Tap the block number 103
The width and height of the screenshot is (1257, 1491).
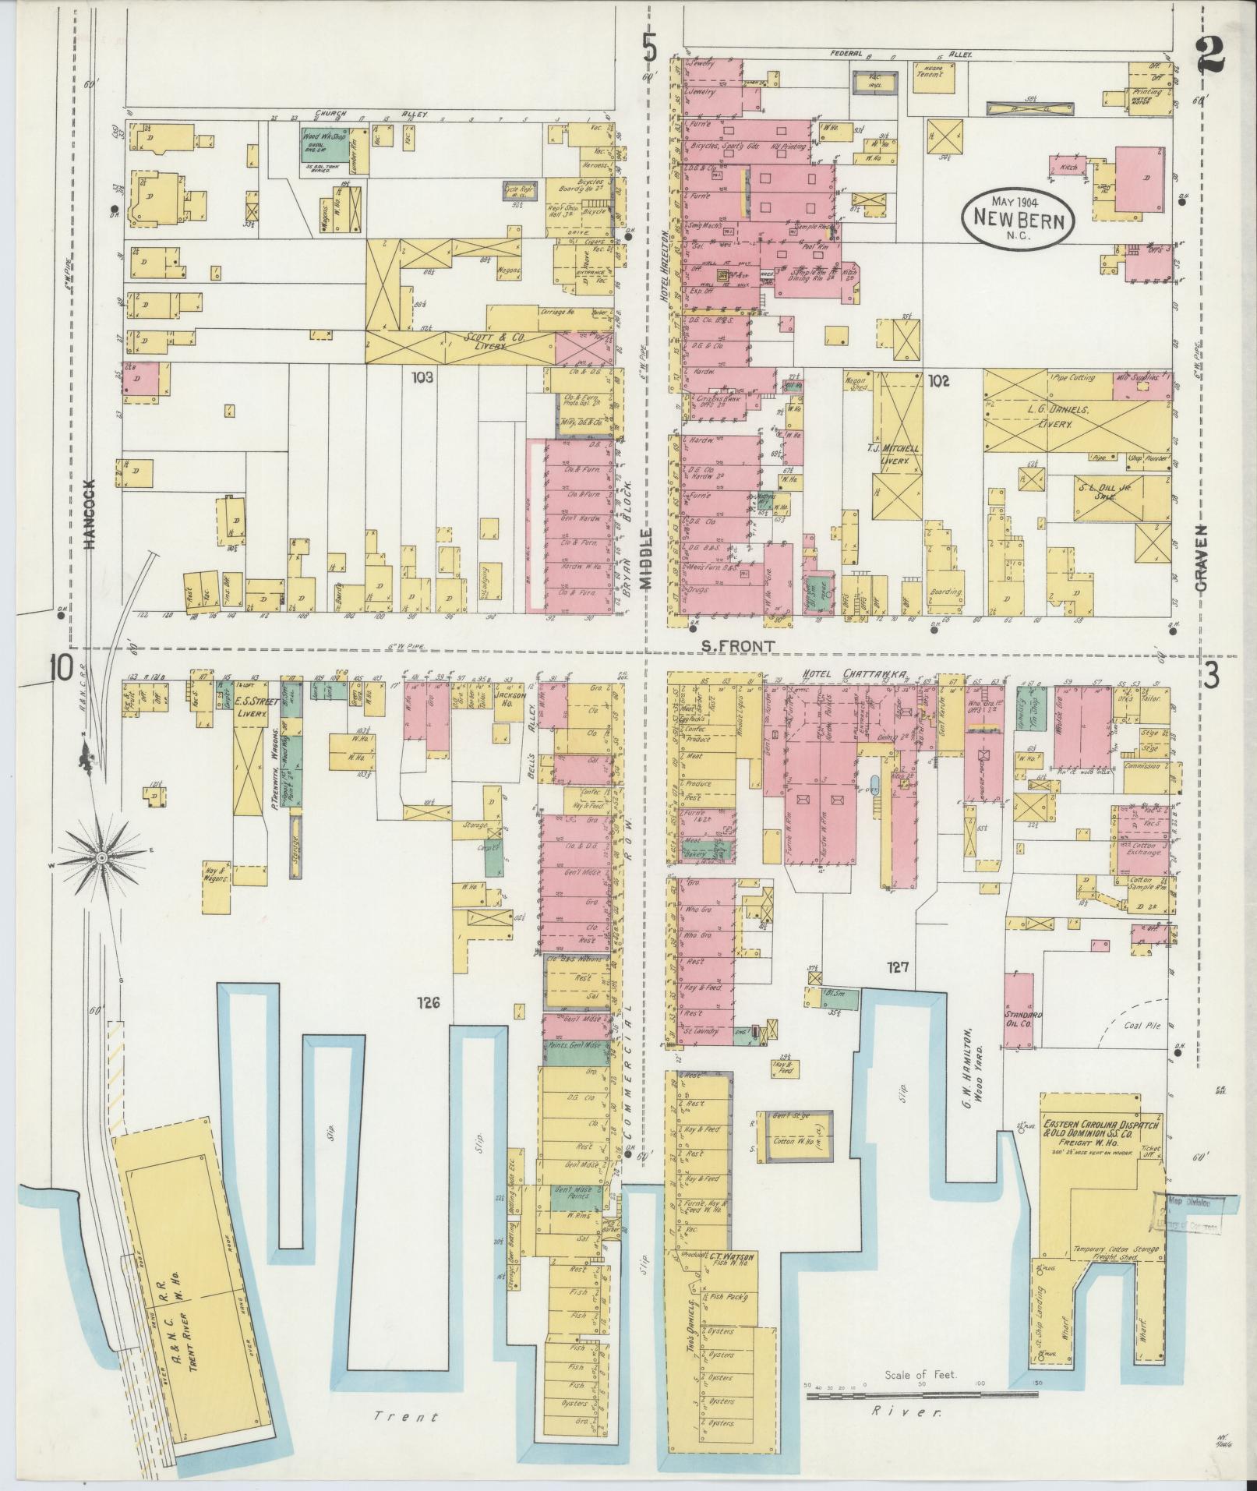click(422, 377)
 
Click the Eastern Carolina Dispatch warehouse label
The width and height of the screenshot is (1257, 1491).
click(1103, 1131)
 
